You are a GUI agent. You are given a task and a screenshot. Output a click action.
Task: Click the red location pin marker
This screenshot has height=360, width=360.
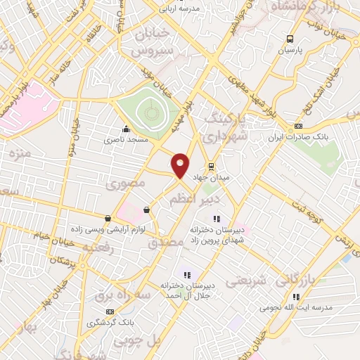tap(180, 165)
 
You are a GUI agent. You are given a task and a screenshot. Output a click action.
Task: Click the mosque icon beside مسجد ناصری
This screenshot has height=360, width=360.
tap(125, 129)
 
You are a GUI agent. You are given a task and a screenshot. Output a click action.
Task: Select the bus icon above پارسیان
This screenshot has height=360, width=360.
tap(290, 39)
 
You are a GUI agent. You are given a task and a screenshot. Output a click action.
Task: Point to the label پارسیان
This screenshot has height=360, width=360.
tap(290, 51)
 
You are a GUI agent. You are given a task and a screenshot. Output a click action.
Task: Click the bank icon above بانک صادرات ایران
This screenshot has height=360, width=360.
tap(298, 125)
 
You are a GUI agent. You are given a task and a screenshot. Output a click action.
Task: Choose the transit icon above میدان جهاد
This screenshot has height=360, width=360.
tap(210, 166)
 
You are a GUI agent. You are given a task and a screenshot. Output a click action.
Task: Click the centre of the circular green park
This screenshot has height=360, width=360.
tap(148, 110)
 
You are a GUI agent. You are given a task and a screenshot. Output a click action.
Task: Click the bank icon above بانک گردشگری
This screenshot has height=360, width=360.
tap(109, 311)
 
